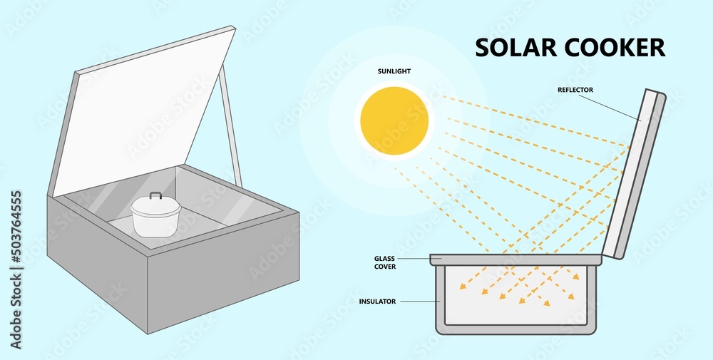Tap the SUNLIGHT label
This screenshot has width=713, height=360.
click(x=394, y=72)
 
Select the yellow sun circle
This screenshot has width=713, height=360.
click(x=394, y=120)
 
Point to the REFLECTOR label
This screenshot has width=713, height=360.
click(x=576, y=90)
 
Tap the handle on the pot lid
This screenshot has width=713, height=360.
click(x=155, y=195)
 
